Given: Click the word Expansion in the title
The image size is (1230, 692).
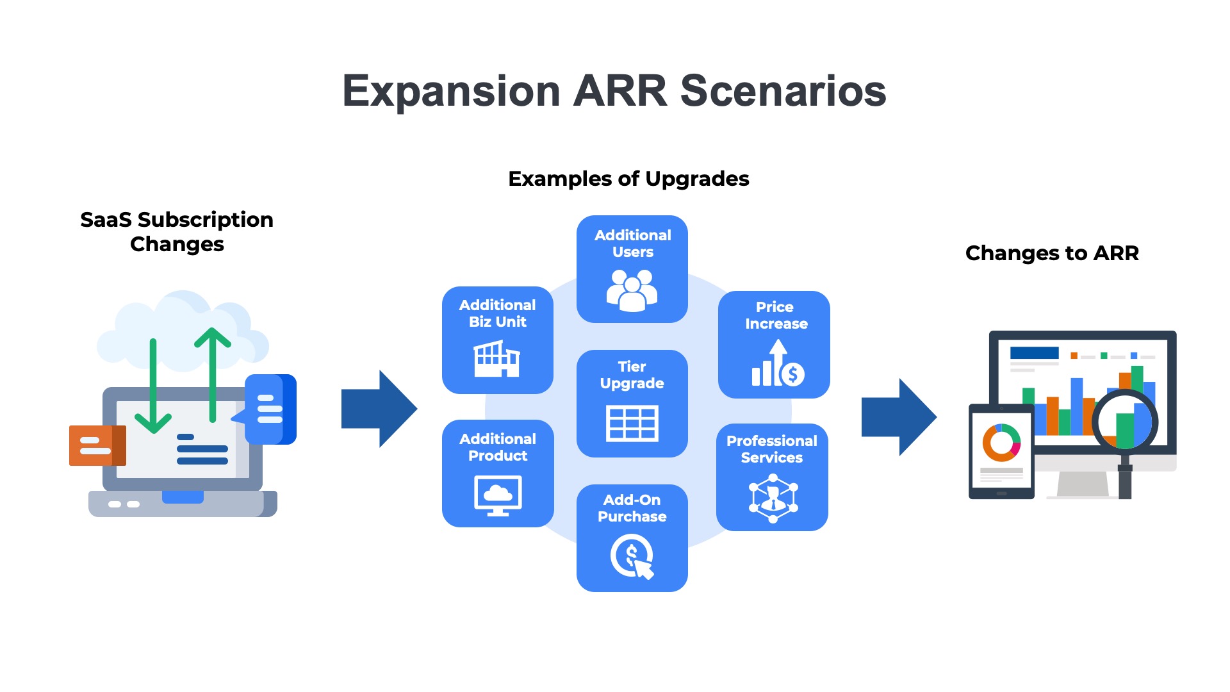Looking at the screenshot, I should pyautogui.click(x=451, y=92).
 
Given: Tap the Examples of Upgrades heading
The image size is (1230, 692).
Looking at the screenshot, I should pyautogui.click(x=628, y=179).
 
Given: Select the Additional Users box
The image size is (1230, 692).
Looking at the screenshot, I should pyautogui.click(x=632, y=269).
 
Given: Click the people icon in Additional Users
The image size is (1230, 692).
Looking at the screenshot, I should pyautogui.click(x=632, y=290).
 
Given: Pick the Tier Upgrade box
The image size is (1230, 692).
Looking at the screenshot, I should pyautogui.click(x=632, y=403).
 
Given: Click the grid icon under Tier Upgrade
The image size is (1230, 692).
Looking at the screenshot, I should pyautogui.click(x=632, y=424).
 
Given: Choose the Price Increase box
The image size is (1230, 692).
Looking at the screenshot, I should pyautogui.click(x=774, y=344).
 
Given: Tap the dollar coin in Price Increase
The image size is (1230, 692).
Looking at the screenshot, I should pyautogui.click(x=793, y=374).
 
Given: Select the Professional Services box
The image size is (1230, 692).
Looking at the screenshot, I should pyautogui.click(x=772, y=477).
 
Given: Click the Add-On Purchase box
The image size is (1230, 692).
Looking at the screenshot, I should pyautogui.click(x=632, y=538).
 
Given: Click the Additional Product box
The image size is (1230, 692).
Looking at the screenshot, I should pyautogui.click(x=498, y=473).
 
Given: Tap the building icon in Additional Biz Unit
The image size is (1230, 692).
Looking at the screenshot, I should pyautogui.click(x=496, y=359).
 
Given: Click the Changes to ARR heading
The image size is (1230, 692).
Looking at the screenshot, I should pyautogui.click(x=1052, y=253).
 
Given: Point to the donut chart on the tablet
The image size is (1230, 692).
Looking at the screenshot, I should pyautogui.click(x=1001, y=443).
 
